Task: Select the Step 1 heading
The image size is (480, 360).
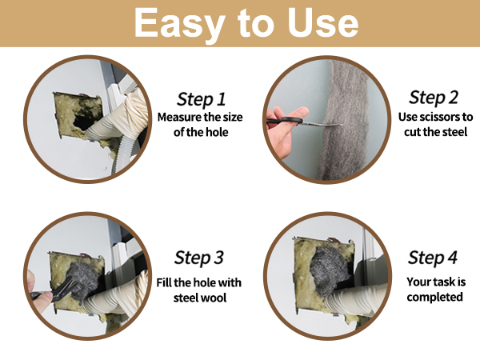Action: [x=201, y=99]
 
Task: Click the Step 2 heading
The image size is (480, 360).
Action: [x=434, y=98]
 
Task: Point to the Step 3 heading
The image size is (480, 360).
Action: [x=199, y=258]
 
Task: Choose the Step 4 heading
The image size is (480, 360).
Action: [x=433, y=258]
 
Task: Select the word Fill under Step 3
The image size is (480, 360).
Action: [x=164, y=282]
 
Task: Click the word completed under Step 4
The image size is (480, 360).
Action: [x=434, y=297]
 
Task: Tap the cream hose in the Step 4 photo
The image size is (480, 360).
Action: [x=357, y=301]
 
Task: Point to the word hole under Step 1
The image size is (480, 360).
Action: [x=217, y=132]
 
